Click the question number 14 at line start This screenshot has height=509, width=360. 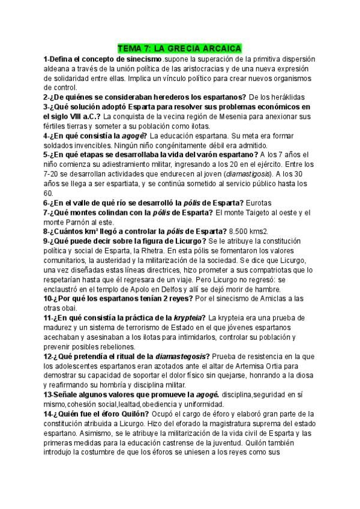coord(49,414)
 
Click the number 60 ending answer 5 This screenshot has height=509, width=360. coord(48,193)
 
